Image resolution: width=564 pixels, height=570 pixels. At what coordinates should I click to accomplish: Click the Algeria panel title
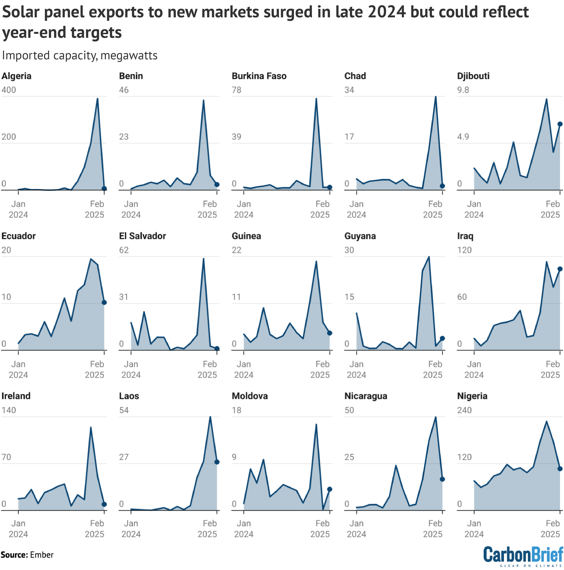pos(16,76)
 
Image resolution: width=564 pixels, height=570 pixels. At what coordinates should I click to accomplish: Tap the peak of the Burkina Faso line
pos(316,99)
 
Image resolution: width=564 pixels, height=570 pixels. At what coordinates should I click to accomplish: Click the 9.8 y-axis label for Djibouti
pos(463,90)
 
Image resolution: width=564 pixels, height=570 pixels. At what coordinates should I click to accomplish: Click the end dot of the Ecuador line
pos(104,302)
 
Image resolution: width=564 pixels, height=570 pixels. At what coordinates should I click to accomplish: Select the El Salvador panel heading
pos(142,236)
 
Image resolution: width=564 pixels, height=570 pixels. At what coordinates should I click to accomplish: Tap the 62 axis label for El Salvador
pos(124,250)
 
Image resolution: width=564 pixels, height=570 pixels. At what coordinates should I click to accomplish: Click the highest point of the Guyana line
pos(429,257)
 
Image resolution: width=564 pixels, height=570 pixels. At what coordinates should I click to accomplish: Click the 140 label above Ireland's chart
pos(9,410)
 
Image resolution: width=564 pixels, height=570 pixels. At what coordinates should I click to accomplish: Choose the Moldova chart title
pos(250,396)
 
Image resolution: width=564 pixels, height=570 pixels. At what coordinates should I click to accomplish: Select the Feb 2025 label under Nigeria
pos(550,529)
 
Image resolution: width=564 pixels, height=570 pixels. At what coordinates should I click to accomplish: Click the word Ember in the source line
pos(42,555)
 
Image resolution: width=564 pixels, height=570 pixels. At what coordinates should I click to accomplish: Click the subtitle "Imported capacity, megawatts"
pos(80,56)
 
